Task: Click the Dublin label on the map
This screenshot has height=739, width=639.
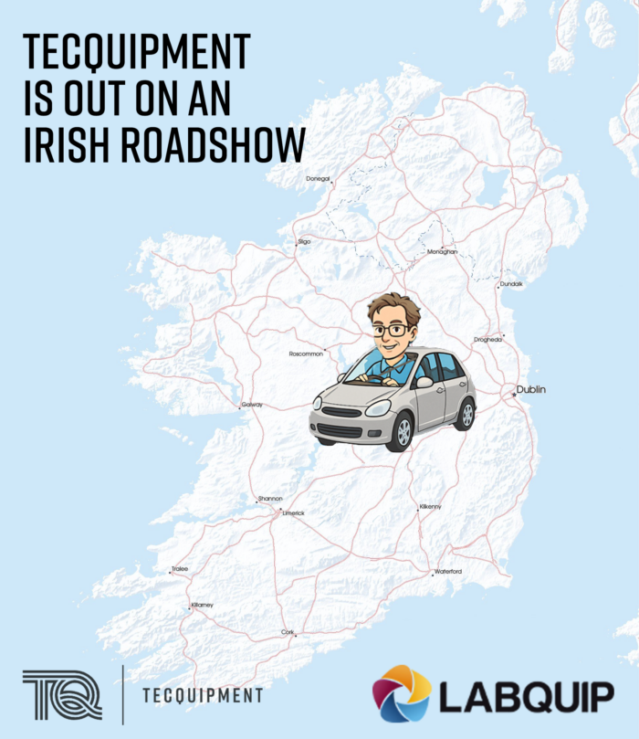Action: coord(530,390)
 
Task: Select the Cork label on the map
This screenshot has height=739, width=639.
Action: coord(288,631)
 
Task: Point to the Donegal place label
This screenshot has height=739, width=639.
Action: coord(318,179)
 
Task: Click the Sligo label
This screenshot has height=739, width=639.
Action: coord(304,241)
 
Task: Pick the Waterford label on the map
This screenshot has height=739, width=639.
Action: coord(447,572)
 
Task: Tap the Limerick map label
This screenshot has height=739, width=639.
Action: coord(293,513)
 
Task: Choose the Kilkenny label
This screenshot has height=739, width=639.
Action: coord(430,506)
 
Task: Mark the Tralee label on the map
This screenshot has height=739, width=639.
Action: coord(179,569)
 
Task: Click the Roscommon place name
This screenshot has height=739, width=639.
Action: coord(306,354)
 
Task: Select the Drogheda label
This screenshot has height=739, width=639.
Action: coord(487,339)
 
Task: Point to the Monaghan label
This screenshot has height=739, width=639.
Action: coord(442,251)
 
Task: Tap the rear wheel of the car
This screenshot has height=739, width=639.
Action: coord(466,414)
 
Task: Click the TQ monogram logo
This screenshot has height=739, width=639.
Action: coord(62,694)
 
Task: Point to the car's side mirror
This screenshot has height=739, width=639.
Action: coord(424,382)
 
